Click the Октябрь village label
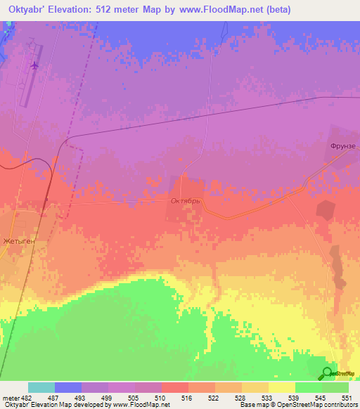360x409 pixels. click(x=186, y=200)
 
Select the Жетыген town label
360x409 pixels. click(x=18, y=241)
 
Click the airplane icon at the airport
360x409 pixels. click(x=34, y=65)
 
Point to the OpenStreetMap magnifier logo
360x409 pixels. click(x=327, y=373)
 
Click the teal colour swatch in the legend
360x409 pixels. click(x=41, y=387)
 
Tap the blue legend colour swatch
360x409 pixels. click(x=68, y=387)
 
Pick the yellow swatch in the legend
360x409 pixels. click(x=282, y=387)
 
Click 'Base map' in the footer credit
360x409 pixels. click(x=253, y=405)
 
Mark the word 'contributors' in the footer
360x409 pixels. click(x=338, y=405)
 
